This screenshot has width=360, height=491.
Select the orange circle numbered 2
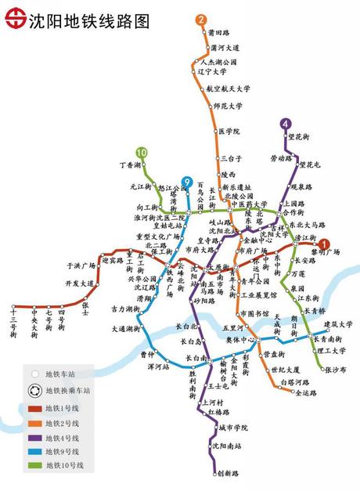pyautogui.click(x=202, y=20)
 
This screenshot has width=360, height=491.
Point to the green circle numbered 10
pyautogui.click(x=141, y=152)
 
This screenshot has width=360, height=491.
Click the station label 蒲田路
pyautogui.click(x=219, y=33)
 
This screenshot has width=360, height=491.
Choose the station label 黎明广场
pyautogui.click(x=323, y=252)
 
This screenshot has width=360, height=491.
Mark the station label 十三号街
pyautogui.click(x=13, y=323)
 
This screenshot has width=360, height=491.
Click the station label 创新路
pyautogui.click(x=228, y=474)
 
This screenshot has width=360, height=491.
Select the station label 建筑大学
pyautogui.click(x=338, y=323)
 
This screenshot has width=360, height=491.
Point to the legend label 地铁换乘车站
pyautogui.click(x=68, y=389)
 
